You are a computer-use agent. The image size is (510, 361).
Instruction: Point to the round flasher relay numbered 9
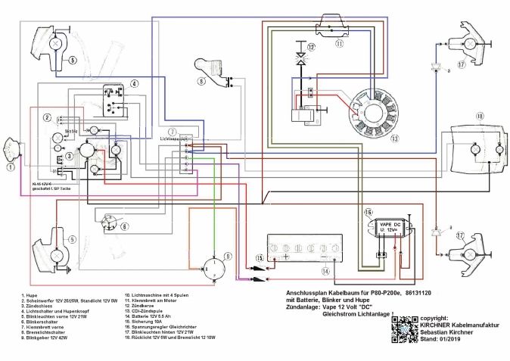pos(215,266)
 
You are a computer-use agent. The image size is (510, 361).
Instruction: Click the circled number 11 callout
pos(338,44)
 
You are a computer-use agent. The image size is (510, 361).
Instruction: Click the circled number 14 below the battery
pos(325,270)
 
